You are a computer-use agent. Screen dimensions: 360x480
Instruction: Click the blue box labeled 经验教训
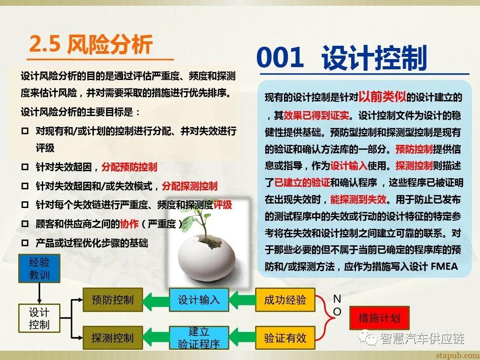[x=39, y=268]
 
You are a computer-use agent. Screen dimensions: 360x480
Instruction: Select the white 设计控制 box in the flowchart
[x=39, y=318]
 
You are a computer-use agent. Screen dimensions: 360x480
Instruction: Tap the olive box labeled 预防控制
[x=112, y=300]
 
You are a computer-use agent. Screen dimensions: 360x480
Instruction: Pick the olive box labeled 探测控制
[x=112, y=338]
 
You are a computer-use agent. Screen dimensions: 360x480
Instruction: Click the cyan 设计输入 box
[x=199, y=300]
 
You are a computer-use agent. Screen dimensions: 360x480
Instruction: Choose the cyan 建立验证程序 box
[x=199, y=338]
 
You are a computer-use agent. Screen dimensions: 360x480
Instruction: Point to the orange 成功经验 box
[x=285, y=300]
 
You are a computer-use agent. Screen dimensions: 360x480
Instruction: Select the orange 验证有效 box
[x=285, y=338]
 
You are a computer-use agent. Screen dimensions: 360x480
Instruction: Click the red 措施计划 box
[x=379, y=318]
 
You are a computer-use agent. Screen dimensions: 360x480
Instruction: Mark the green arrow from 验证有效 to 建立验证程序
[x=242, y=338]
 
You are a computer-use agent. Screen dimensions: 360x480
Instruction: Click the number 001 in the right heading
[x=280, y=58]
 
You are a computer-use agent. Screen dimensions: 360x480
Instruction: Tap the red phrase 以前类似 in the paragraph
[x=383, y=96]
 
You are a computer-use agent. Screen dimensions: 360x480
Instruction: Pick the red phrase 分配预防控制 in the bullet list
[x=129, y=168]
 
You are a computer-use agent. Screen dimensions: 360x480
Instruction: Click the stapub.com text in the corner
[x=456, y=355]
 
